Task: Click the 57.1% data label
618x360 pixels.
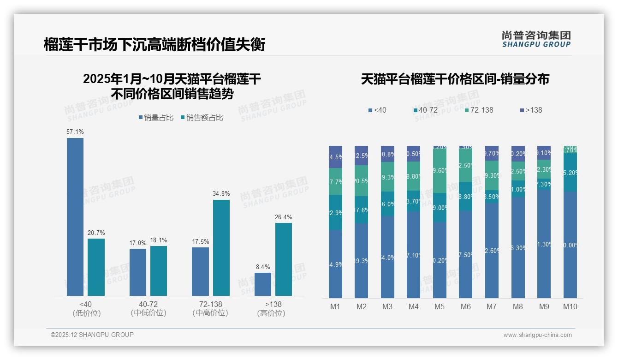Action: (75, 132)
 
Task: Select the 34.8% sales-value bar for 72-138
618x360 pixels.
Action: (221, 247)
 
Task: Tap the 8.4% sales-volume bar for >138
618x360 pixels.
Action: (263, 284)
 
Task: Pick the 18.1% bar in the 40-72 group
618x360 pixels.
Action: (159, 270)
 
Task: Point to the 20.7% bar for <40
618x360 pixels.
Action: (96, 267)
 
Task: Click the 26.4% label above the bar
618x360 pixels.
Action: (284, 217)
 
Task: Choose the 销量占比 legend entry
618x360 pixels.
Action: (156, 118)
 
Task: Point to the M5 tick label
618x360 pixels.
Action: (439, 306)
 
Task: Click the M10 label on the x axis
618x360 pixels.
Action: (570, 306)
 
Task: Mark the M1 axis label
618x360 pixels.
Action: (335, 306)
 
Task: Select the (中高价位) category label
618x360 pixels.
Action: (210, 313)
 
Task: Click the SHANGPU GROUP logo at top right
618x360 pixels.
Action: (536, 39)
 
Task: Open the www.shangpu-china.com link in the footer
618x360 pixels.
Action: (537, 335)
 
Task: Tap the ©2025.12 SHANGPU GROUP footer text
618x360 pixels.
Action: (92, 335)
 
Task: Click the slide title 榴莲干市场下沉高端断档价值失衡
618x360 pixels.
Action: (154, 45)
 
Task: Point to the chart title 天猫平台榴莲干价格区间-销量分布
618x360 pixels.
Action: (455, 79)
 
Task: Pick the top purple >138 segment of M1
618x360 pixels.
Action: (335, 157)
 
